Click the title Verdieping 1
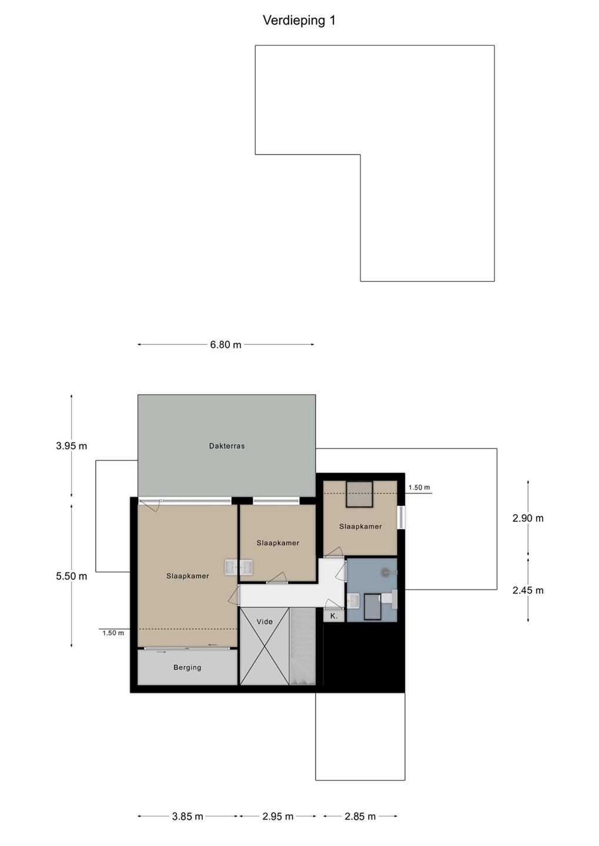[x=299, y=21]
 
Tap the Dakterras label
[x=227, y=446]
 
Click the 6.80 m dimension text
[x=226, y=345]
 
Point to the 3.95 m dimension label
[x=72, y=446]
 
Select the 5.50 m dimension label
[x=72, y=576]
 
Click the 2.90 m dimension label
[x=528, y=519]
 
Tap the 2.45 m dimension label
[x=528, y=590]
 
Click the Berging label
[x=188, y=668]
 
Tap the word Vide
[x=265, y=622]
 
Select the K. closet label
[x=334, y=616]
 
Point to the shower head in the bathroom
[x=386, y=572]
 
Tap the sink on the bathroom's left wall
[x=353, y=600]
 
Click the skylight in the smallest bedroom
[x=360, y=494]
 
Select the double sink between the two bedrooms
[x=239, y=568]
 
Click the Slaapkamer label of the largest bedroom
[x=188, y=576]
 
